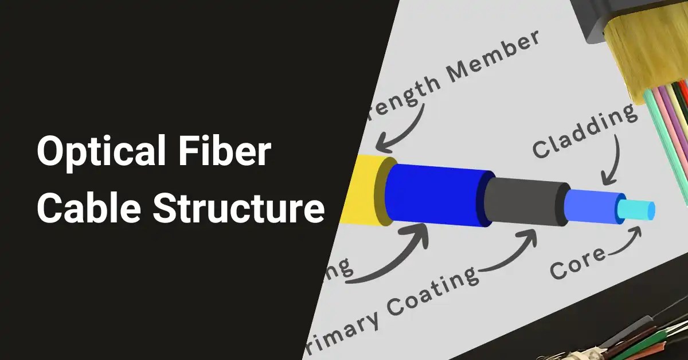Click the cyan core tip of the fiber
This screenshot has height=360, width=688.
[x=639, y=210]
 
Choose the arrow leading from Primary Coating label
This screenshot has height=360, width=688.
[x=510, y=253]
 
